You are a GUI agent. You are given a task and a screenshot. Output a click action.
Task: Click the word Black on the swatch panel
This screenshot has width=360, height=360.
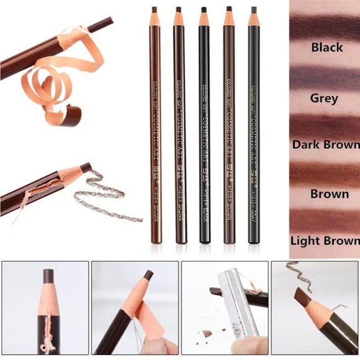click(x=327, y=47)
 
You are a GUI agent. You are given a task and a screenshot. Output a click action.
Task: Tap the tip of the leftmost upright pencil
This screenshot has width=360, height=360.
click(x=154, y=9)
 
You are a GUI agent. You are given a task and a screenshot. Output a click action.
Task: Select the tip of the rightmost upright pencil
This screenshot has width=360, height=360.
click(x=253, y=9)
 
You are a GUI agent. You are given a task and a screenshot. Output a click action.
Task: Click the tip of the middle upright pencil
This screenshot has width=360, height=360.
click(x=203, y=9)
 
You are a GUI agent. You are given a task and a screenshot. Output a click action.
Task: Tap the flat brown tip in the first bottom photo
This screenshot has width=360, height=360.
click(x=49, y=275)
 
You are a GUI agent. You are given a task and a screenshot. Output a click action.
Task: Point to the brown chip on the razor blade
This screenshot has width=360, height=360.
click(x=217, y=290)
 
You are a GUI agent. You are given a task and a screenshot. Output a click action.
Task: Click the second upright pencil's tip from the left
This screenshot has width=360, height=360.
click(x=178, y=9)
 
